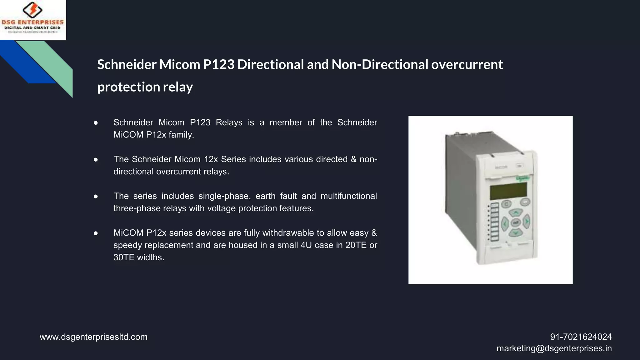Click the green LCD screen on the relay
coord(508,191)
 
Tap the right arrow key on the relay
coord(527,221)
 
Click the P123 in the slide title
coord(218,64)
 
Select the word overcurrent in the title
coord(467,64)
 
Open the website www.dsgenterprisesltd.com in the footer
coord(93,337)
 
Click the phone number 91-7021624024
coord(581,337)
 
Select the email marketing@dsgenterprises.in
coord(554,348)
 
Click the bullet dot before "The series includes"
coord(96,196)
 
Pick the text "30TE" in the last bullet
coord(124,257)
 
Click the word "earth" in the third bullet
coord(265,196)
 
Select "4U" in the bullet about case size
coord(306,245)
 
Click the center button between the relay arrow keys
coord(515,223)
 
